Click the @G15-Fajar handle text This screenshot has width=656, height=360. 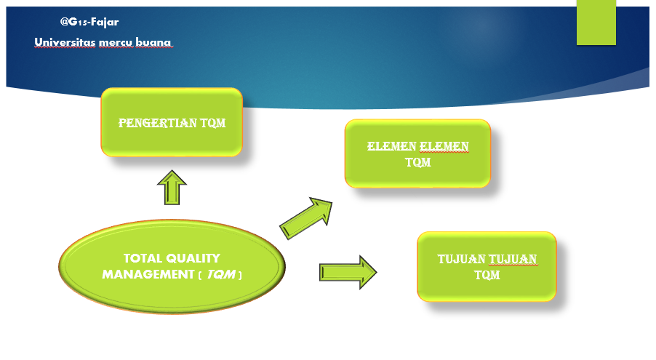89,23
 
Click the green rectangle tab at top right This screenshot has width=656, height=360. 596,23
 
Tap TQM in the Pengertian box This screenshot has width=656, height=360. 210,123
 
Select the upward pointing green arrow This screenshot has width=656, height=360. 172,188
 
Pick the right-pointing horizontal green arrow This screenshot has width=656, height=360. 347,272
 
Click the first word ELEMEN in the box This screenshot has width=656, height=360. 391,147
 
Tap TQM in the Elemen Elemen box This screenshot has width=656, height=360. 418,162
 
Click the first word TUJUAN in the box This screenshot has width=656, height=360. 461,260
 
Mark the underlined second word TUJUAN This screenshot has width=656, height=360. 513,260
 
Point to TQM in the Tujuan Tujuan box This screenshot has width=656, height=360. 487,275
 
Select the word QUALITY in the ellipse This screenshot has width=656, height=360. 193,258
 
